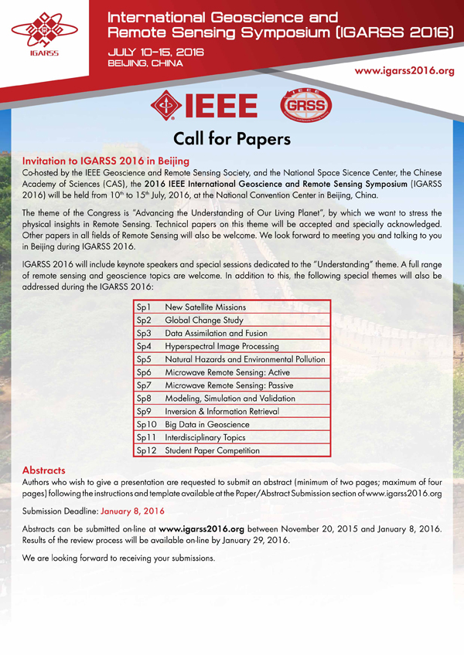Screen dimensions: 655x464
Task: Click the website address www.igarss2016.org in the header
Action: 403,71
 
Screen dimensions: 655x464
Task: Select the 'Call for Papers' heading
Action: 231,139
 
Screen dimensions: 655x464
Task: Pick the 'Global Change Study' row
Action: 204,320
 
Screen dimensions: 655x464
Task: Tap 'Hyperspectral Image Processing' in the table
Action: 222,346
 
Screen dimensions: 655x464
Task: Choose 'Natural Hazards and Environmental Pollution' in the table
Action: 245,359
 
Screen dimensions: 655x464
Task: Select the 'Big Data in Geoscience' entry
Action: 207,424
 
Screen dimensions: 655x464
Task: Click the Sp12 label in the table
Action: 146,450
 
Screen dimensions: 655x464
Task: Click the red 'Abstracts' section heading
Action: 44,470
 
